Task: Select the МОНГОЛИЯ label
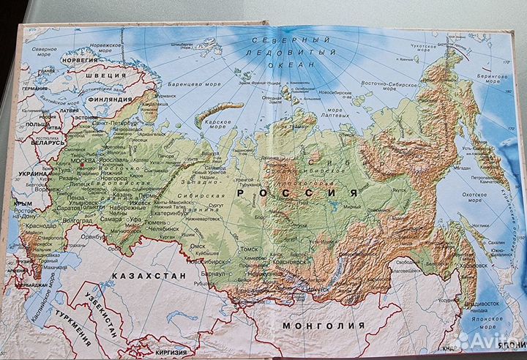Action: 318,326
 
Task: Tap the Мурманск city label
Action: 165,95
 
